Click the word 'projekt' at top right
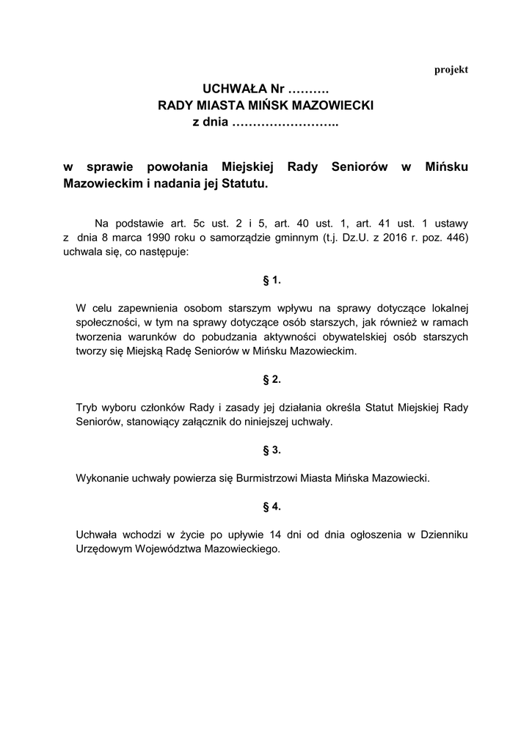[x=451, y=70]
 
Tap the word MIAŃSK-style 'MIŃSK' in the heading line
[x=255, y=106]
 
